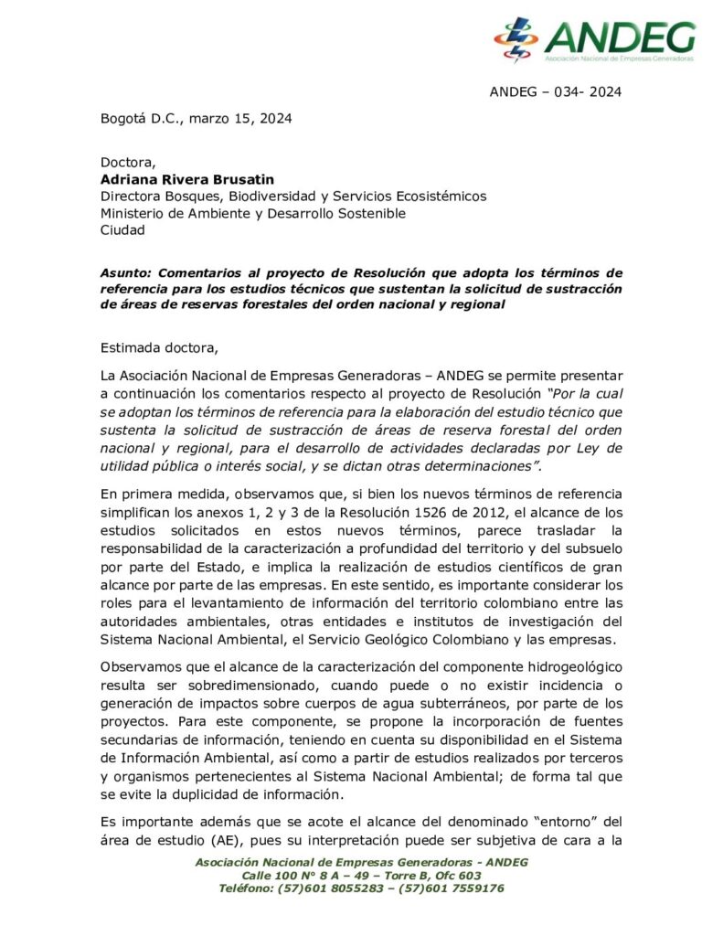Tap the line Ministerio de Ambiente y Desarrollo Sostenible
click(252, 213)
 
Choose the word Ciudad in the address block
click(122, 230)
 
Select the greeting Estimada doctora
click(159, 347)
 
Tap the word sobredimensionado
click(230, 686)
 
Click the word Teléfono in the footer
click(250, 888)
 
